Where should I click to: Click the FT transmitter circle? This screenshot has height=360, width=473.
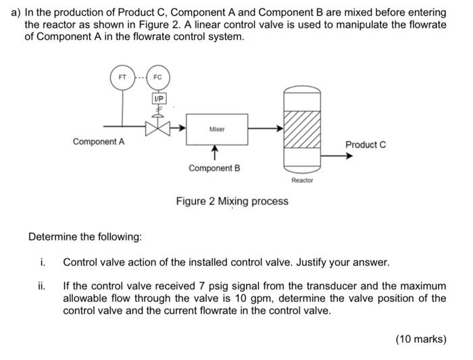[x=122, y=77]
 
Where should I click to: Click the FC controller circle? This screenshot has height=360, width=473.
[x=157, y=77]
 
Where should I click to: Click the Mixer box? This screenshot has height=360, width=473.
[x=217, y=128]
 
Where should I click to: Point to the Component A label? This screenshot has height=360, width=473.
[x=99, y=142]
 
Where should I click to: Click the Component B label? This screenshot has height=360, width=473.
[x=214, y=168]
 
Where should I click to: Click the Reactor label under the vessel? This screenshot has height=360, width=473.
[x=301, y=181]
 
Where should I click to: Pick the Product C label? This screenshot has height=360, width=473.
[x=366, y=145]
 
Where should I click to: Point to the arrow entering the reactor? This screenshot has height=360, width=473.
[x=267, y=126]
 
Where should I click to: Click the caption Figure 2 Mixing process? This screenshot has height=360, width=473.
[x=232, y=201]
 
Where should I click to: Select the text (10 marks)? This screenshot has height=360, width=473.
[x=421, y=339]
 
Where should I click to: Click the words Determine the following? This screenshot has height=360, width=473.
[x=85, y=237]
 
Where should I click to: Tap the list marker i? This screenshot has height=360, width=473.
[x=42, y=262]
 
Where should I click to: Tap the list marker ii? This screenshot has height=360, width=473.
[x=42, y=286]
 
